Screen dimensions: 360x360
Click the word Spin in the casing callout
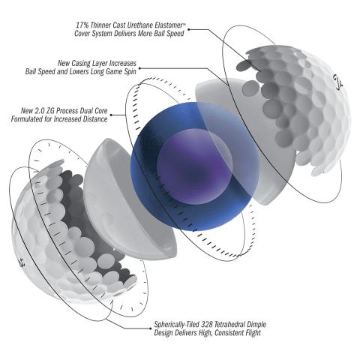(130, 72)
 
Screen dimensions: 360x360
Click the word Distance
(94, 119)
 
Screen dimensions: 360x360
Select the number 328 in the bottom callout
(207, 325)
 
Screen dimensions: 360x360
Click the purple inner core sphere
(195, 166)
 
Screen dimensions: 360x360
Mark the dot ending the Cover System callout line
(189, 29)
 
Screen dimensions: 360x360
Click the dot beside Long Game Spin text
(139, 68)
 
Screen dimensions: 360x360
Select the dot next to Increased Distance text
(111, 115)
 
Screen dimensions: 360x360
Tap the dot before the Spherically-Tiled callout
(150, 328)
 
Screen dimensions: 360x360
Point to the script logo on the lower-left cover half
(22, 262)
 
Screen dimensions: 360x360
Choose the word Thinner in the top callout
(100, 25)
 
